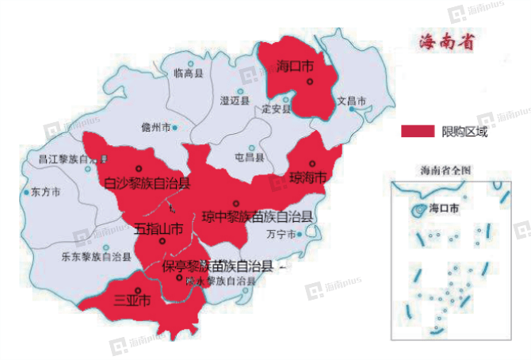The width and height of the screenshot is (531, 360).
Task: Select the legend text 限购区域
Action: point(464,132)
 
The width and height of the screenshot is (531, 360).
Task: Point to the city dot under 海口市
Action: point(311,80)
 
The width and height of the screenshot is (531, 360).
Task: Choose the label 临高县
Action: point(188,73)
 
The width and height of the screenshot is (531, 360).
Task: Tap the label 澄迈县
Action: point(235,101)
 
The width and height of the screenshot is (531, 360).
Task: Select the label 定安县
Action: point(277,109)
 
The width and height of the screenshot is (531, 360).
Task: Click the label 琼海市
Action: point(308,178)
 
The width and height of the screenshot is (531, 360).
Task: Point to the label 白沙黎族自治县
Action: point(147,184)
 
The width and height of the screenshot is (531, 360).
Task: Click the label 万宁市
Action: point(281,235)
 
